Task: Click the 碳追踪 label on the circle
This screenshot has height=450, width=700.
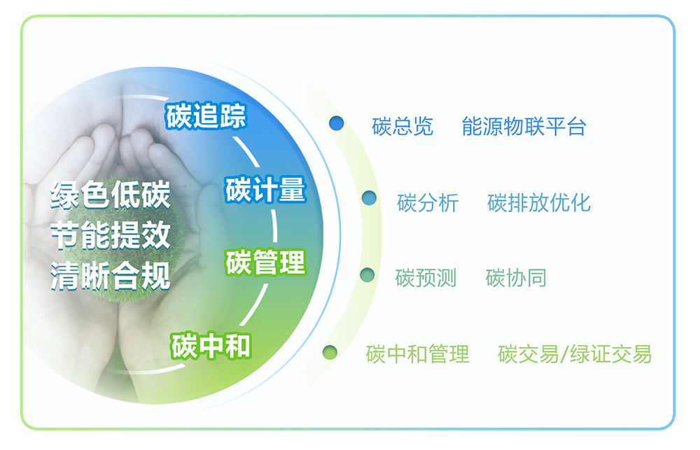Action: (206, 116)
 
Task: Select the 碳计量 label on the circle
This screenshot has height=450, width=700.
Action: (265, 189)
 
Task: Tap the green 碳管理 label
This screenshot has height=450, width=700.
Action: (265, 262)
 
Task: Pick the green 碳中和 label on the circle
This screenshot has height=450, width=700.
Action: (211, 346)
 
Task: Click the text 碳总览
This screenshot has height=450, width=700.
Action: (402, 127)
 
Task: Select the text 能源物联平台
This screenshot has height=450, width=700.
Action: (524, 127)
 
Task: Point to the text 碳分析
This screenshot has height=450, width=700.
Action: (428, 203)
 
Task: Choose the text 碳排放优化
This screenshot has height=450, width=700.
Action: (539, 203)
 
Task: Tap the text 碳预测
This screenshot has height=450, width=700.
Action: (426, 278)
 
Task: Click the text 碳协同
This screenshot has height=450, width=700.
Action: (516, 278)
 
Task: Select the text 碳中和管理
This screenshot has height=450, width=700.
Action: (417, 354)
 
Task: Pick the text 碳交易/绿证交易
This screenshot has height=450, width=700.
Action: (575, 354)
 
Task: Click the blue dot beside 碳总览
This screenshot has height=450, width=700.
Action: (336, 123)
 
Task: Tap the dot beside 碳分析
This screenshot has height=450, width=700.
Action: (369, 198)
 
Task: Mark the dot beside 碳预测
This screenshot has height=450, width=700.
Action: (367, 274)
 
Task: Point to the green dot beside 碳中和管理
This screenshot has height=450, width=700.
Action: (330, 352)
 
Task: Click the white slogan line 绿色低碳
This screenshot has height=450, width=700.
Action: (111, 195)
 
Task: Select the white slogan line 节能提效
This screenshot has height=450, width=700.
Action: (111, 235)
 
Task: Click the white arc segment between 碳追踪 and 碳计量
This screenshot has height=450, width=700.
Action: (248, 151)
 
